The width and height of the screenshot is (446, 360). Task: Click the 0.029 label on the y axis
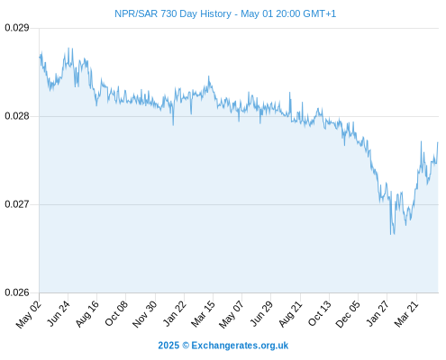[x=17, y=28]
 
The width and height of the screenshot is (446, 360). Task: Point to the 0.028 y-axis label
[x=17, y=116]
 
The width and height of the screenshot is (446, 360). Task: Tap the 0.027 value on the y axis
[x=17, y=204]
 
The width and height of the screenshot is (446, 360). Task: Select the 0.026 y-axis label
[x=17, y=292]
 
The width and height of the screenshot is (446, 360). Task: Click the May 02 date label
[x=29, y=314]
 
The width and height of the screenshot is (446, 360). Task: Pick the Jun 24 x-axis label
[x=59, y=313]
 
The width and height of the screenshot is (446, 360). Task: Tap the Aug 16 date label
[x=86, y=313]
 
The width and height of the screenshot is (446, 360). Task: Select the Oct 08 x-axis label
[x=116, y=313]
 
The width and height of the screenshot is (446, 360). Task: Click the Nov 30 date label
[x=144, y=314]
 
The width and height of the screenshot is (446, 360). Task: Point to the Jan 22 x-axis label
[x=175, y=313]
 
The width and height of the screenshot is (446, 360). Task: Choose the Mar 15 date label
[x=203, y=313]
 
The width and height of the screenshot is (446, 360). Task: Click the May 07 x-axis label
[x=231, y=314]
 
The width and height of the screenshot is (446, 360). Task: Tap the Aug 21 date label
[x=290, y=313]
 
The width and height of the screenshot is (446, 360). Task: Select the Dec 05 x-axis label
[x=348, y=314]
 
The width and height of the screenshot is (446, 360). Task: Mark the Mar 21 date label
[x=406, y=313]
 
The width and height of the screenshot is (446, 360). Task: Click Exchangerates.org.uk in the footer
[x=240, y=346]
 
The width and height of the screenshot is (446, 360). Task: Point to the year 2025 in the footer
[x=168, y=346]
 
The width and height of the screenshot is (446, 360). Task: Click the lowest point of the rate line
[x=391, y=234]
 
